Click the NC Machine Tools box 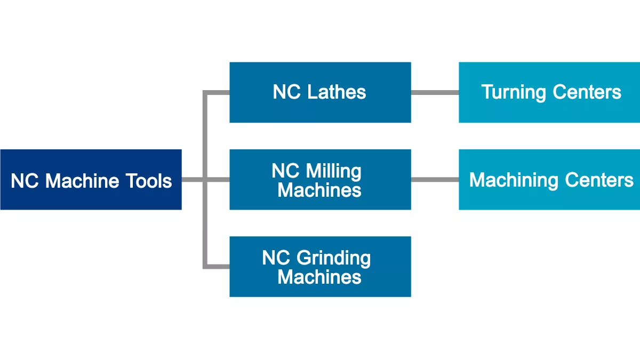tap(91, 180)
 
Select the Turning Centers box tap(549, 92)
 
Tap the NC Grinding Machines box tap(320, 267)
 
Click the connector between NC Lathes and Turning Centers tap(435, 92)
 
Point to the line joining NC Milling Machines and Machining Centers tap(435, 180)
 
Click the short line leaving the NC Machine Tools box tap(192, 180)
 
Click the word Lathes tap(337, 92)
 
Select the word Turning tap(514, 92)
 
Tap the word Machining tap(514, 180)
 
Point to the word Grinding tap(333, 259)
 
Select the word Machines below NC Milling tap(319, 190)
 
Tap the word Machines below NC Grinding tap(319, 277)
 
